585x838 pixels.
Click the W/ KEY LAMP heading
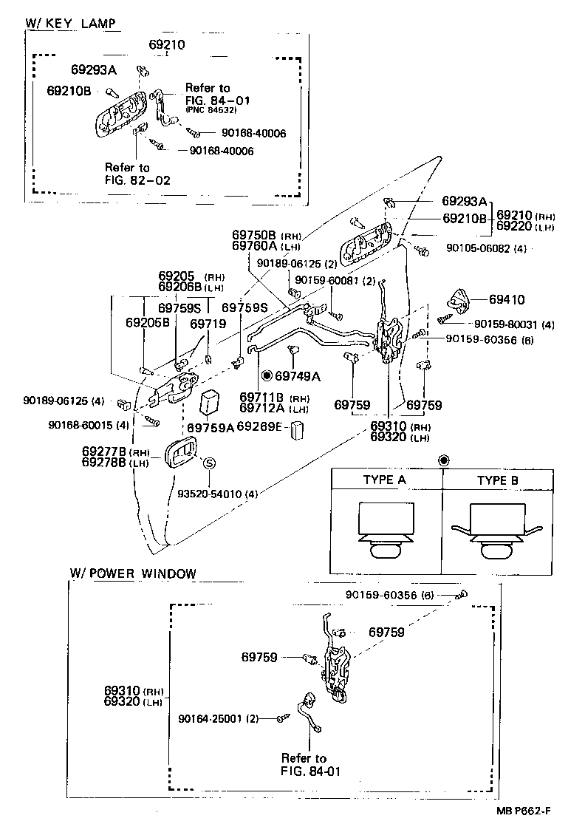(x=71, y=24)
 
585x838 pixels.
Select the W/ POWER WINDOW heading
(x=133, y=573)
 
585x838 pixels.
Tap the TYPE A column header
(x=384, y=480)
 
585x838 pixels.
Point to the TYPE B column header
(x=497, y=480)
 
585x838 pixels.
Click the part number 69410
(x=507, y=300)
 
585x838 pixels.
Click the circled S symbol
(x=209, y=463)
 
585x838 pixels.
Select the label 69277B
(x=104, y=452)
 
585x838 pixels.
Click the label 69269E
(x=259, y=426)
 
